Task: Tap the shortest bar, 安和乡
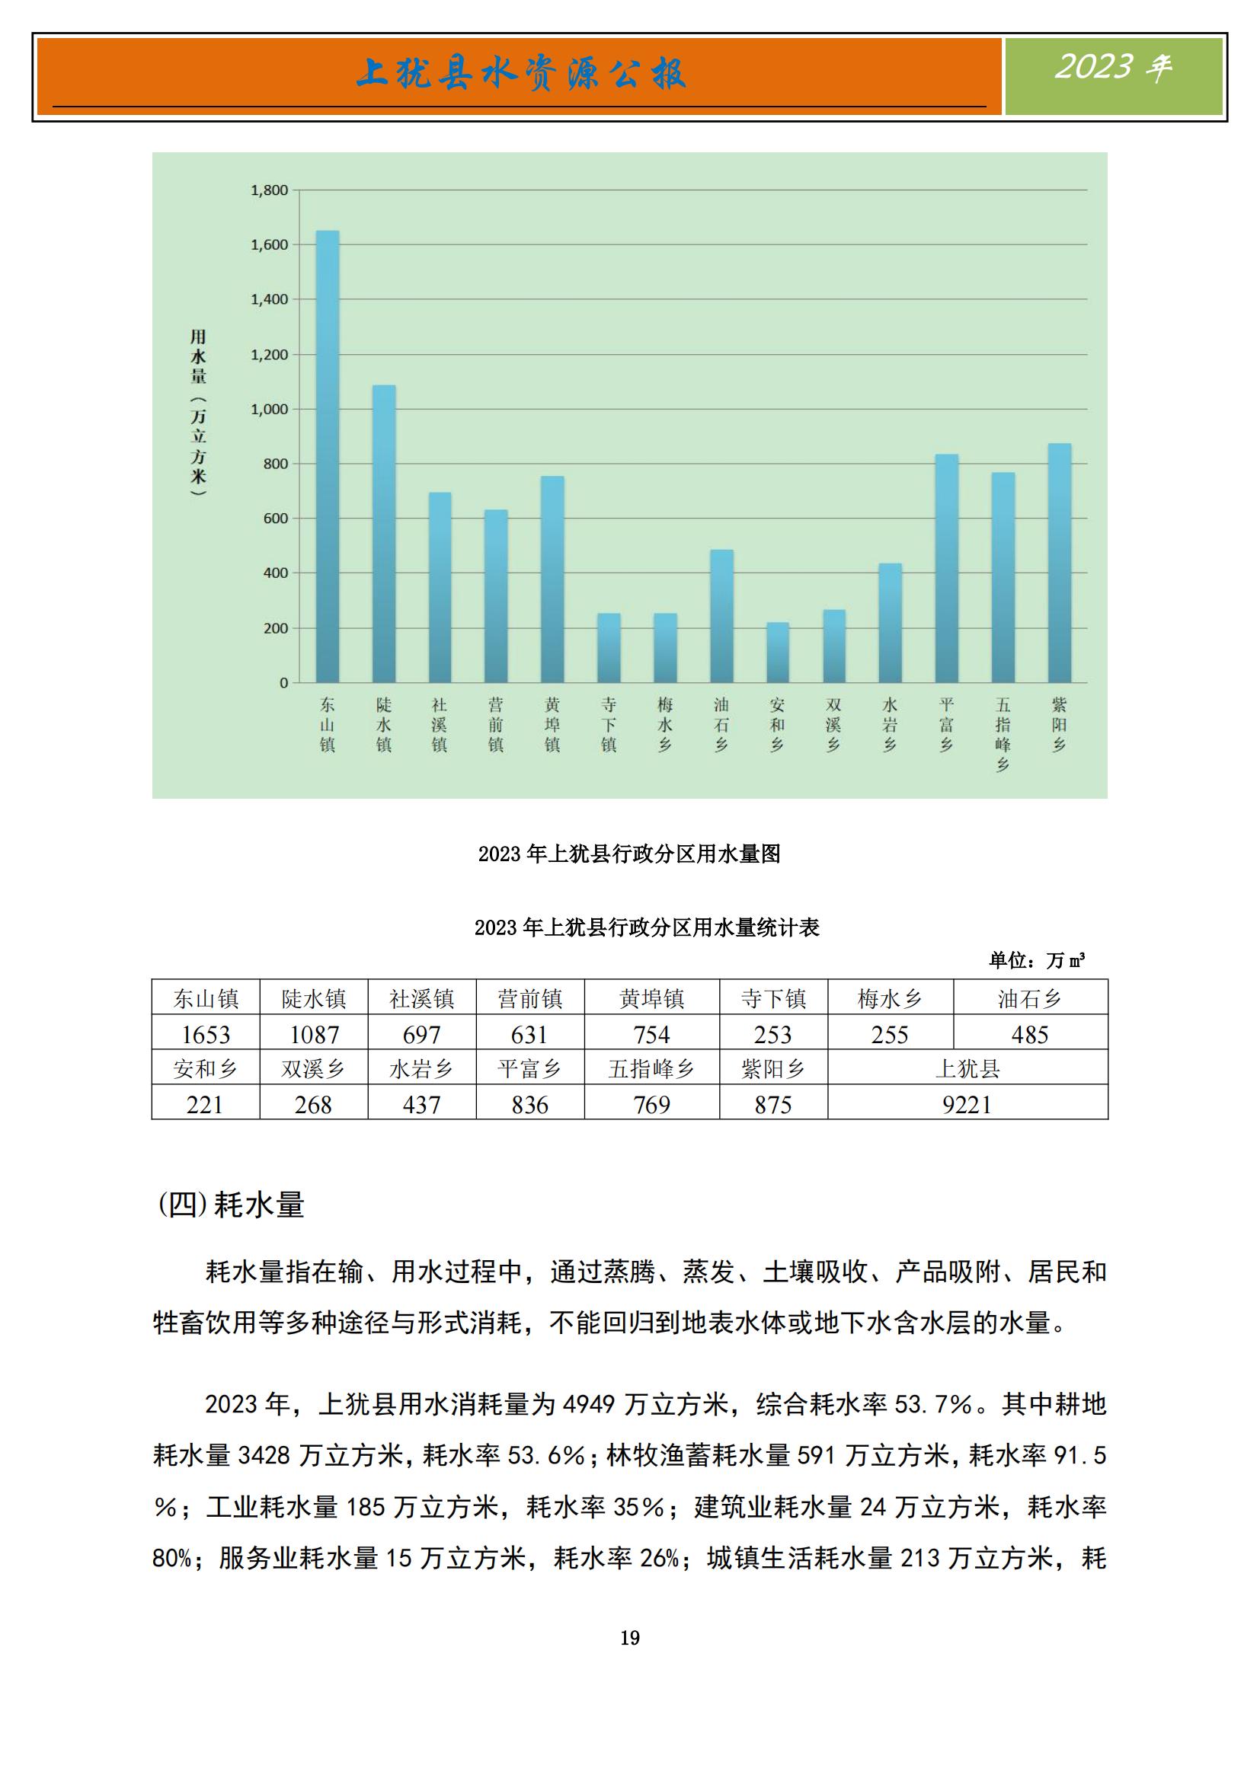pyautogui.click(x=778, y=653)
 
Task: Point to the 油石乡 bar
pyautogui.click(x=721, y=616)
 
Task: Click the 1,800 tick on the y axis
pyautogui.click(x=268, y=190)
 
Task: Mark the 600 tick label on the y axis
pyautogui.click(x=276, y=519)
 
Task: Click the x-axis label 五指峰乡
pyautogui.click(x=1003, y=734)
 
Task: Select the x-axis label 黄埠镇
pyautogui.click(x=552, y=724)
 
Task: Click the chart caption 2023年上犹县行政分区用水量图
pyautogui.click(x=629, y=854)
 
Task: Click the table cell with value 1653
pyautogui.click(x=206, y=1034)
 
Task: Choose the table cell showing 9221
pyautogui.click(x=967, y=1104)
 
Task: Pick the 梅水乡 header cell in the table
pyautogui.click(x=889, y=998)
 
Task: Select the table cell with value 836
pyautogui.click(x=529, y=1104)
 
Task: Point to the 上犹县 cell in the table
pyautogui.click(x=967, y=1068)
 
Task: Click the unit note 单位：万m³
pyautogui.click(x=1036, y=960)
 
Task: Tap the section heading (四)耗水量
pyautogui.click(x=232, y=1205)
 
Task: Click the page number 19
pyautogui.click(x=630, y=1638)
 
